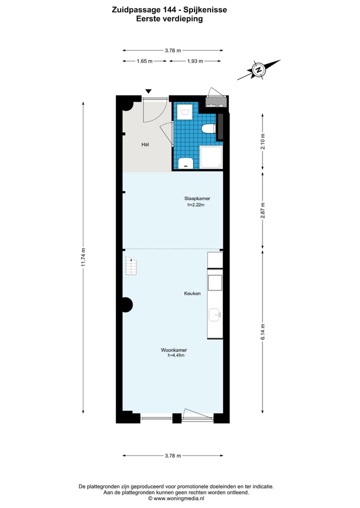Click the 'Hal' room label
145,144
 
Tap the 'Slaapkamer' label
196,198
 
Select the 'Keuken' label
192,293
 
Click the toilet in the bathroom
207,129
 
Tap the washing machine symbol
185,111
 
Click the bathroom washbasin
186,163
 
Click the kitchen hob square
215,282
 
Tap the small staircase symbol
130,266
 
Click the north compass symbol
259,70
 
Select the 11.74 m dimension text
83,258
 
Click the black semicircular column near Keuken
126,304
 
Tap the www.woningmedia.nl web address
178,498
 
